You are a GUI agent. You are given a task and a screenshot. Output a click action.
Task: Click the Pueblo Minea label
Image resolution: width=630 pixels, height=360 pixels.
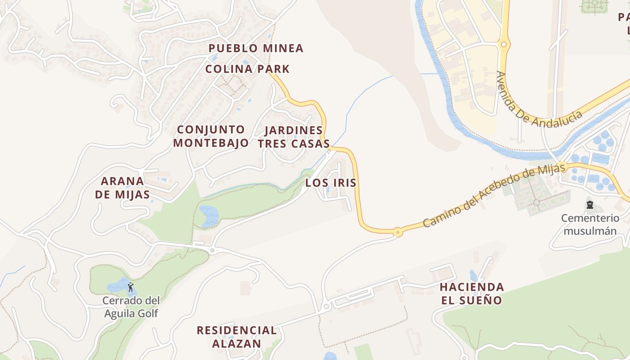pos(256,48)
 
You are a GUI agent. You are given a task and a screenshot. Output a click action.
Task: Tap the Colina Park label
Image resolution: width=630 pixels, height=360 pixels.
pos(247,69)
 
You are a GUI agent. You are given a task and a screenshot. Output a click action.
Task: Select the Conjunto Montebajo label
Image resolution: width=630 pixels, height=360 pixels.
pos(211,136)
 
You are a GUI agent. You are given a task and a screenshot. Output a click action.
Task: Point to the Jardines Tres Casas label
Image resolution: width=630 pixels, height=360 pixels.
pos(293,137)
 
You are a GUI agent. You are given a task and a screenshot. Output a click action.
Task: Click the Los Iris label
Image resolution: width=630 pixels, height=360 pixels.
pos(331,183)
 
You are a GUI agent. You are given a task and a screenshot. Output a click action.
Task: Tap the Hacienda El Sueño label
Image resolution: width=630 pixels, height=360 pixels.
pos(472,293)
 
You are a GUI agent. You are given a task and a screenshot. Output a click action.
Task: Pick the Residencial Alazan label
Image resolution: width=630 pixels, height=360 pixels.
pos(237,337)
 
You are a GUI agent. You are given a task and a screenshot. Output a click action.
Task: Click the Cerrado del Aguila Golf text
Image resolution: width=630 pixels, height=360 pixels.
pos(131,307)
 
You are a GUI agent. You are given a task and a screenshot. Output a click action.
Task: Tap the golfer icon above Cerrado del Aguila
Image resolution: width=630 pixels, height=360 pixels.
pos(131,287)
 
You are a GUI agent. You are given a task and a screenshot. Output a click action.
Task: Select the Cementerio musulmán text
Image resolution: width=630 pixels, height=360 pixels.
pos(590,225)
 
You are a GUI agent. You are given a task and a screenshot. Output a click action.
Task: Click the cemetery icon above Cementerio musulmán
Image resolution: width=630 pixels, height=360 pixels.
pos(589,205)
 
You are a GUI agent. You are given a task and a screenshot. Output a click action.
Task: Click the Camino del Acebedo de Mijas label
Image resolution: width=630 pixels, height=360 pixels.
pos(493,195)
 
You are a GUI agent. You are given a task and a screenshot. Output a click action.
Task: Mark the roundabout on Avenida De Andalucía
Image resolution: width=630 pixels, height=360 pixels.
pos(504,44)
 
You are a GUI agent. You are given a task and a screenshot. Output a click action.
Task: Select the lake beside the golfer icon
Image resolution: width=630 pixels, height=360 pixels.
pos(118,286)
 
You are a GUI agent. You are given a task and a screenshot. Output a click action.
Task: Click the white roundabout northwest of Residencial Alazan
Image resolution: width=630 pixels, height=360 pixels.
pos(212,250)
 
